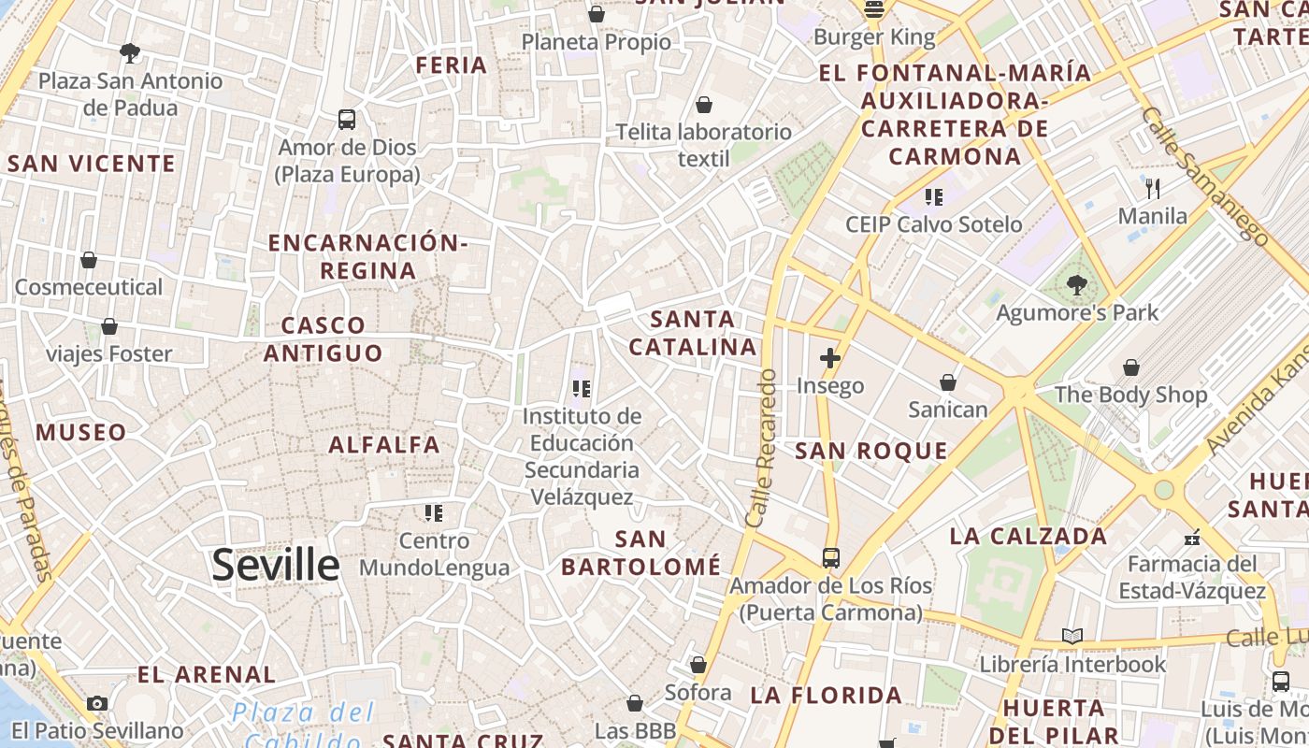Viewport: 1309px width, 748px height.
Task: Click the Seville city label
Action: pos(276,566)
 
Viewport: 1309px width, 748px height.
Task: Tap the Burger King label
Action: pos(874,37)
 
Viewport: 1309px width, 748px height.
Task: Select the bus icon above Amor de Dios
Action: pos(347,120)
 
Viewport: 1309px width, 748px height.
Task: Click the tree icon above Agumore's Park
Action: pos(1076,285)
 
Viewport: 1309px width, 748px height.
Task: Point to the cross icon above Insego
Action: pos(829,357)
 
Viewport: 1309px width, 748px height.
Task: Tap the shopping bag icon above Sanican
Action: pos(948,382)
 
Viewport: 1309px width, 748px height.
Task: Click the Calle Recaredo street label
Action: pos(762,447)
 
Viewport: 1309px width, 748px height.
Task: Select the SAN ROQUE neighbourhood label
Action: pos(871,451)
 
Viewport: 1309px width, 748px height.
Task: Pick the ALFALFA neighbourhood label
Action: pos(384,444)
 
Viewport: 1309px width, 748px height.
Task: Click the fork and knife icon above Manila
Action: pos(1153,189)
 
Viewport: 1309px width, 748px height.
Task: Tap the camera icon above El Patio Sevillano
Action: pos(97,703)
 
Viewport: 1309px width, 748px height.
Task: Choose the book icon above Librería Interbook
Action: pos(1072,637)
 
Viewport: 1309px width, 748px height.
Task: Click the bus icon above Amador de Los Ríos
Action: pos(830,558)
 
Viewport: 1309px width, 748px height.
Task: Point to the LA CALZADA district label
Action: pos(1028,536)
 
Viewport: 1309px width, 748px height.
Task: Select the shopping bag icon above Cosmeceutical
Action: pos(89,260)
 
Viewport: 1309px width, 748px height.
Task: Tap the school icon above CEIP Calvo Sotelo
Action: pos(933,196)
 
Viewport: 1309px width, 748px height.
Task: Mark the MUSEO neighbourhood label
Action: pos(81,432)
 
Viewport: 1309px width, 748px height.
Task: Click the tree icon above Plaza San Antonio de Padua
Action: pos(130,53)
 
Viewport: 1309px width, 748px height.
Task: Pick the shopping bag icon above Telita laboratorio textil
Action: pos(703,105)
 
